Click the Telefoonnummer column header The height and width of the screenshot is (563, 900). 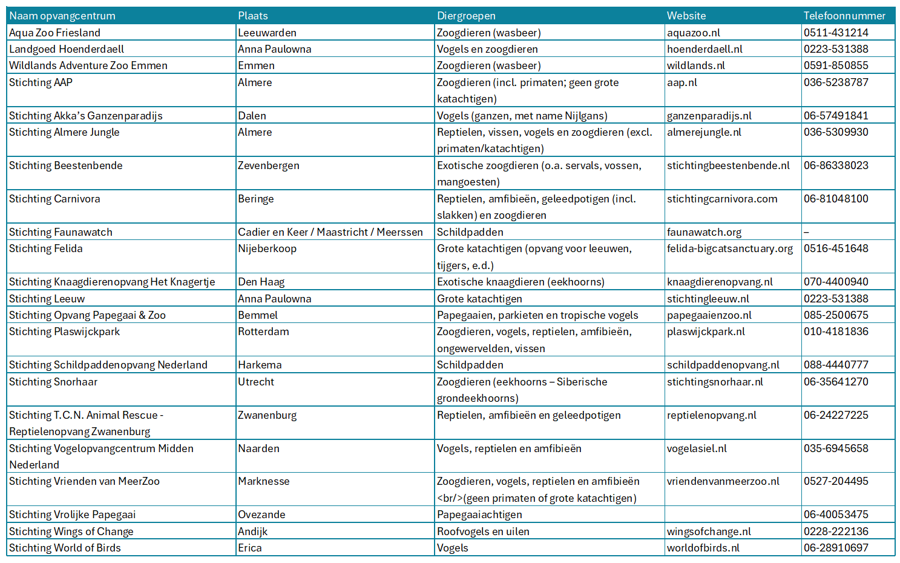click(x=844, y=16)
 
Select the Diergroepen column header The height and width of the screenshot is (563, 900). click(x=466, y=16)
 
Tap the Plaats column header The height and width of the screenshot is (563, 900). click(x=253, y=16)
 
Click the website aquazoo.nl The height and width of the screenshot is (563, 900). click(x=693, y=33)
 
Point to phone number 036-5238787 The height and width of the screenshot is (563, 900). click(x=836, y=82)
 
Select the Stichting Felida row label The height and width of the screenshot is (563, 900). click(x=46, y=248)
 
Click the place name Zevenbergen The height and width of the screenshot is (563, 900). click(x=268, y=165)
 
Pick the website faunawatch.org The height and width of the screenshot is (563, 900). click(x=704, y=232)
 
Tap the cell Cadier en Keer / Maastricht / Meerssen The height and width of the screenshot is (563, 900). click(x=330, y=232)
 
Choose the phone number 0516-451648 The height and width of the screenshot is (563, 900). click(x=836, y=248)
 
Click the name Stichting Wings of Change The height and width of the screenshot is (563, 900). click(x=71, y=531)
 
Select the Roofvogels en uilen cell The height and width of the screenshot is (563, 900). click(x=483, y=531)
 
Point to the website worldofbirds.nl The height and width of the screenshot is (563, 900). click(x=703, y=548)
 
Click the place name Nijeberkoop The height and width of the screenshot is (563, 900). click(x=267, y=248)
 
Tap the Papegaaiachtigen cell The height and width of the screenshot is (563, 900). click(x=479, y=515)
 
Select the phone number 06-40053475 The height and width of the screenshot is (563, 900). click(x=836, y=515)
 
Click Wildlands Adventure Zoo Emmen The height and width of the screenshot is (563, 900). click(x=88, y=65)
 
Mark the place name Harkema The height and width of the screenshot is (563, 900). click(x=260, y=365)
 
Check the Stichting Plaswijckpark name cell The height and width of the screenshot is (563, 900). click(x=64, y=331)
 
